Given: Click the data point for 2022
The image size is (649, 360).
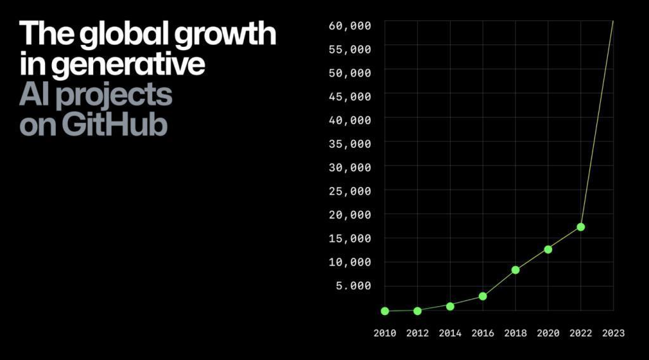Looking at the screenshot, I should point(581,227).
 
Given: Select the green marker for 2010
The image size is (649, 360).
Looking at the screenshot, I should point(385,311).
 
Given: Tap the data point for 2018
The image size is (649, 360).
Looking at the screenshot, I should point(515,270).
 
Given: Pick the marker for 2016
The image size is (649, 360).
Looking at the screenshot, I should point(483,296).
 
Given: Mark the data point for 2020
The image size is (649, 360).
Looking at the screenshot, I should point(548,249).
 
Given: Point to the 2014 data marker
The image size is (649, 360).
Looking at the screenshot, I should point(450,306).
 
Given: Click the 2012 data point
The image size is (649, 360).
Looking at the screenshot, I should point(417,311).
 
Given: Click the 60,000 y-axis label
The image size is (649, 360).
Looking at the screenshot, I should point(350,25).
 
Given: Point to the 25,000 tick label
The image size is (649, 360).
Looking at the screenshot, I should point(350,191).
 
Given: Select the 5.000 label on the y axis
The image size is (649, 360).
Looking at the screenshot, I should point(353,286).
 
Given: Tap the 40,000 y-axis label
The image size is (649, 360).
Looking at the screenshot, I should point(350,120).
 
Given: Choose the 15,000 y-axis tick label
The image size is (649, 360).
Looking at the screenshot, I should point(350,238).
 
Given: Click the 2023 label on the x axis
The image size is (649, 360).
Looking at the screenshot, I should point(613,333).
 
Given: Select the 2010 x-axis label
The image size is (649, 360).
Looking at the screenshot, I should point(385,333).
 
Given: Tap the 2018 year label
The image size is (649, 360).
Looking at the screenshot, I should point(515,333).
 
